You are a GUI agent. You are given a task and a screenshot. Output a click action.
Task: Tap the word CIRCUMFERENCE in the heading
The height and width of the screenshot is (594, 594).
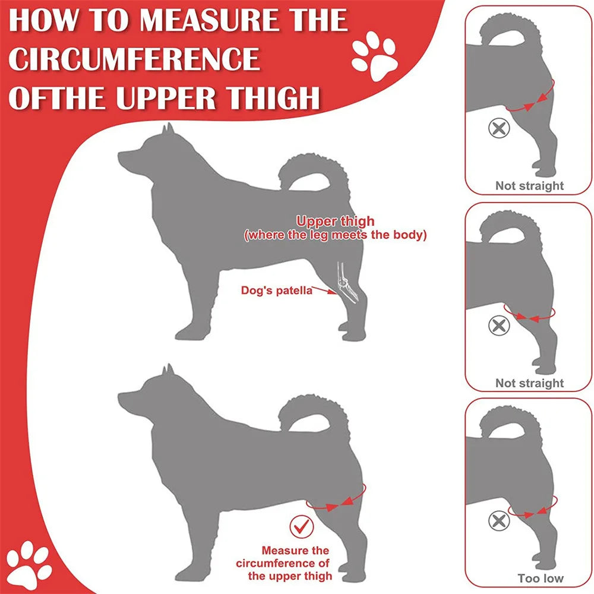[x=134, y=59]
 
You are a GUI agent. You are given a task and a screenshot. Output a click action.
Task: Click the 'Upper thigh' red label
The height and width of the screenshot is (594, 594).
[x=336, y=222]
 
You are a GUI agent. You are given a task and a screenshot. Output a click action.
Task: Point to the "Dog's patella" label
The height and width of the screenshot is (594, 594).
[x=276, y=290]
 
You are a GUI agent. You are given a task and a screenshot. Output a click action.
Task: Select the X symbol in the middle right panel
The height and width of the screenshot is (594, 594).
[x=499, y=325]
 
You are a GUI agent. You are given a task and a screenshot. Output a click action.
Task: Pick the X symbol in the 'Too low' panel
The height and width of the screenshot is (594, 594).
[x=498, y=521]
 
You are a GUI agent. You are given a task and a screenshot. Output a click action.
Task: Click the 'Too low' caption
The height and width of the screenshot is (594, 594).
[x=540, y=578]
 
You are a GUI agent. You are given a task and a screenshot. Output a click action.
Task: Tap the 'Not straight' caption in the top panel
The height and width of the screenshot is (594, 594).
[x=529, y=186]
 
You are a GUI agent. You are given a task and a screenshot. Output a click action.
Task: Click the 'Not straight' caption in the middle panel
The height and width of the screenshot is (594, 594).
[x=529, y=383]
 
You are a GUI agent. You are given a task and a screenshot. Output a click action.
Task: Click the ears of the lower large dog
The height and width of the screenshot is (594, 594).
[x=168, y=371]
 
